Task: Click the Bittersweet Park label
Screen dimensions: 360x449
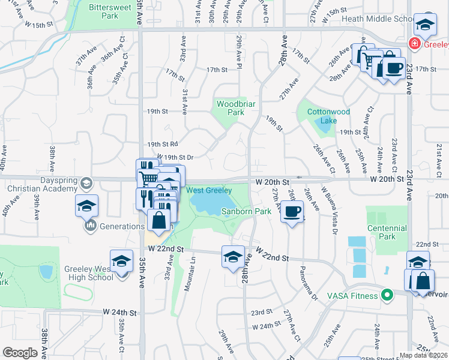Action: (x=103, y=12)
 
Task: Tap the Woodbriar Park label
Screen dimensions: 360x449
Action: (x=231, y=108)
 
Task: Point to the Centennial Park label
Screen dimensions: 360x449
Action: (x=388, y=232)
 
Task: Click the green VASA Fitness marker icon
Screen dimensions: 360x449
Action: (x=387, y=295)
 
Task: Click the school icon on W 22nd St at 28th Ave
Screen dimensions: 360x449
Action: (x=233, y=257)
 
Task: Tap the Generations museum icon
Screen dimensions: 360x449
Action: (x=91, y=226)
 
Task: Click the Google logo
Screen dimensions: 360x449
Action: (x=20, y=353)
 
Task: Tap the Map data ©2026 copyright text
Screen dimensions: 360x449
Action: (x=423, y=355)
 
